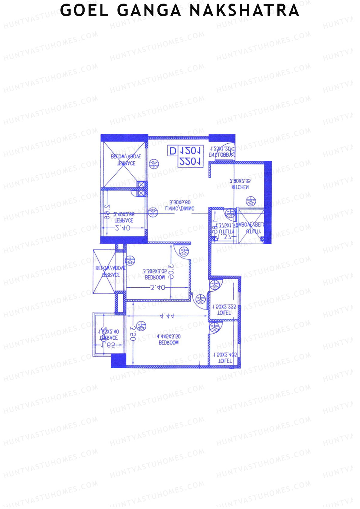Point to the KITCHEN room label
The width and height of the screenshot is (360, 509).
[240, 187]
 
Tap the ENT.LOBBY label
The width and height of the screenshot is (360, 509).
[220, 155]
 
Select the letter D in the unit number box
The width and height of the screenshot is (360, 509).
[172, 151]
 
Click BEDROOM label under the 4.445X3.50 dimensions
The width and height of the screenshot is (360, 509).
[168, 343]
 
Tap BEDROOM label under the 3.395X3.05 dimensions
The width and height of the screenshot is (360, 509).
[155, 277]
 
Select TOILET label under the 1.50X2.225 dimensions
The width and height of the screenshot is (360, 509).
[224, 313]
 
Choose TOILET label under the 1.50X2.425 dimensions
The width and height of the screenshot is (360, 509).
[225, 361]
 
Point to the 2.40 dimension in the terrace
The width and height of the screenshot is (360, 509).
[123, 228]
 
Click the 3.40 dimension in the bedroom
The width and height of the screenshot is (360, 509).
[157, 288]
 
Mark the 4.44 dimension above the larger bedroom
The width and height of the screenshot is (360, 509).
[167, 316]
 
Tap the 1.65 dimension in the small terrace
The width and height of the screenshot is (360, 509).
[108, 345]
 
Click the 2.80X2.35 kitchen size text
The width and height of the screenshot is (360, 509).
[240, 181]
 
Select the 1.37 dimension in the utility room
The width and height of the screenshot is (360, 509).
[226, 237]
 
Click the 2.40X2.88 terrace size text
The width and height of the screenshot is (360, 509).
[124, 214]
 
